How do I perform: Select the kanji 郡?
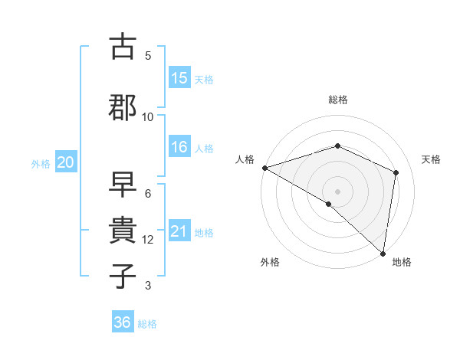pos(123,106)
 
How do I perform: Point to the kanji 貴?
pos(123,229)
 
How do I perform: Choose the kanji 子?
pos(123,275)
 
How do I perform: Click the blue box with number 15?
pos(179,78)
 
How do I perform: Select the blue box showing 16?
pos(179,148)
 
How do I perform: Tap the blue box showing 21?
pos(179,232)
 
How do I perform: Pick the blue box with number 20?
pos(65,162)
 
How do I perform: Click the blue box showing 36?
pos(122,322)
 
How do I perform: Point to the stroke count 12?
pos(148,240)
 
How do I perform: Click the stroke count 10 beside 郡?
pos(148,117)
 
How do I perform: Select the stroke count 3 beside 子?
pos(148,286)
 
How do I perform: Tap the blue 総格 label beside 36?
pos(147,324)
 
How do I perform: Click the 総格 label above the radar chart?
pos(338,100)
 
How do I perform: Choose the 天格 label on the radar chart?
pos(432,159)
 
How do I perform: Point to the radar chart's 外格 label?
pos(270,262)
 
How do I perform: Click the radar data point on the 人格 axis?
pos(264,168)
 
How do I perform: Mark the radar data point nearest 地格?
pos(383,253)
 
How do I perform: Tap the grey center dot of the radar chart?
pos(337,191)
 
